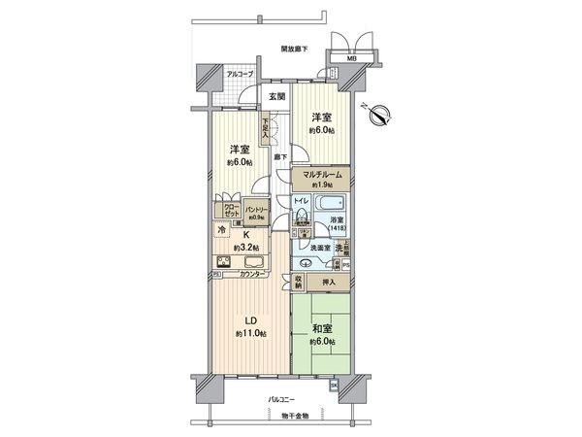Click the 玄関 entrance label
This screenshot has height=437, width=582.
(x=276, y=96)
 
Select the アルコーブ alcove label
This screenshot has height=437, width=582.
(x=240, y=75)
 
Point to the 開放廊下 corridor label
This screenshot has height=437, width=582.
(x=294, y=48)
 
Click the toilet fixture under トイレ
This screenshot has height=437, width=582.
(x=301, y=215)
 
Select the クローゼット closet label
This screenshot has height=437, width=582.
(x=233, y=211)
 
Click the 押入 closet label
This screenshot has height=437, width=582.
(x=329, y=283)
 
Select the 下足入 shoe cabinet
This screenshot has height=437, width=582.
(x=265, y=128)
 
